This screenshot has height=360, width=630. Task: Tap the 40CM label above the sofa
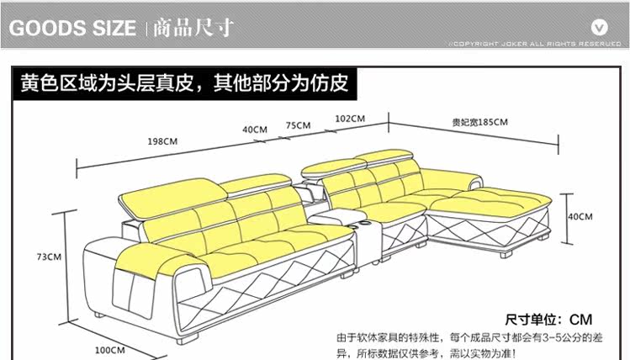point(254,130)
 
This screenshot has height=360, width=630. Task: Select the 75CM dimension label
point(298,124)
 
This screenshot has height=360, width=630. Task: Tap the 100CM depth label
point(106,349)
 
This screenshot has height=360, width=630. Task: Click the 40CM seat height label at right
point(580,216)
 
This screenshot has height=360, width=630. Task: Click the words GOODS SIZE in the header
point(72,28)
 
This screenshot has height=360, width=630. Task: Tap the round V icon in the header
point(599,24)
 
